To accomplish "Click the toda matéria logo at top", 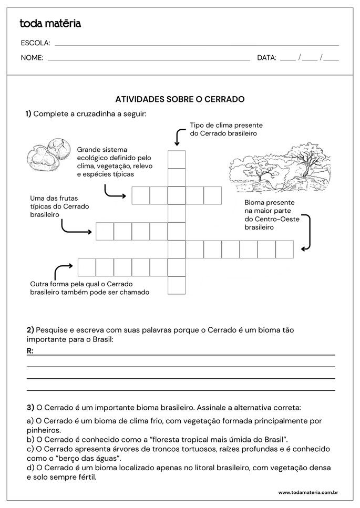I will (x=50, y=24).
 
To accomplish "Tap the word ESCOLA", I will (x=35, y=43).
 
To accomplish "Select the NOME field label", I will (x=32, y=58).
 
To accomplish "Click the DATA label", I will (x=266, y=58).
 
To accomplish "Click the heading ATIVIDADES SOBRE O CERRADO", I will (x=180, y=99).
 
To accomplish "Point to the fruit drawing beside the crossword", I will (x=47, y=152).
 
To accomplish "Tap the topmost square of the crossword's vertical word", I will (x=177, y=159).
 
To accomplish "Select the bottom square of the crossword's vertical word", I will (x=177, y=285).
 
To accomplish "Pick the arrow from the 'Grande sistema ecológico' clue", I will (x=114, y=192).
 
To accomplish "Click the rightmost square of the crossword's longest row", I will (x=284, y=249).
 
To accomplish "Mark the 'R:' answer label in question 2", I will (x=30, y=350).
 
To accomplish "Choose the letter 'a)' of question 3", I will (x=30, y=421).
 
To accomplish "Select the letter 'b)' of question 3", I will (x=30, y=439).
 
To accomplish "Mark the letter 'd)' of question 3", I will (x=30, y=468).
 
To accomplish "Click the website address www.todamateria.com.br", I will (x=307, y=492).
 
